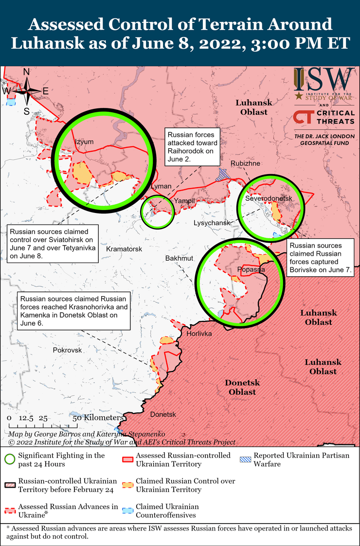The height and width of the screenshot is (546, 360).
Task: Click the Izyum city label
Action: [83, 141]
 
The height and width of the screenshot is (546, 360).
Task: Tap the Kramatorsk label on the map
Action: [124, 249]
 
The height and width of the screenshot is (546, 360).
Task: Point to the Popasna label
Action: [251, 269]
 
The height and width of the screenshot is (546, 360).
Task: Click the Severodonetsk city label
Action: [268, 199]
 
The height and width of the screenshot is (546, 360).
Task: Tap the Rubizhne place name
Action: [245, 163]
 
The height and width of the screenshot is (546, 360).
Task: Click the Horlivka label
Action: [199, 334]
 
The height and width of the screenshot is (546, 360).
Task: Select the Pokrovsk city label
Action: [67, 350]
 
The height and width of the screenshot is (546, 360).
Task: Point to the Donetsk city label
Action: [163, 415]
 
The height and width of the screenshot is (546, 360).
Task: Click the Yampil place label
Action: [184, 201]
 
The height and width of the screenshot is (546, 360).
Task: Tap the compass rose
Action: [27, 91]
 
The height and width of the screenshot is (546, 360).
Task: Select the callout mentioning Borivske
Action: [320, 259]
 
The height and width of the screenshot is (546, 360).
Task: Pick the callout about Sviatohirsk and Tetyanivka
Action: [53, 242]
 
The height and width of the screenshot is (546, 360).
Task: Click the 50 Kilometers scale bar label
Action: [98, 418]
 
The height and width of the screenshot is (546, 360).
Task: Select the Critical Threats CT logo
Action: [303, 118]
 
